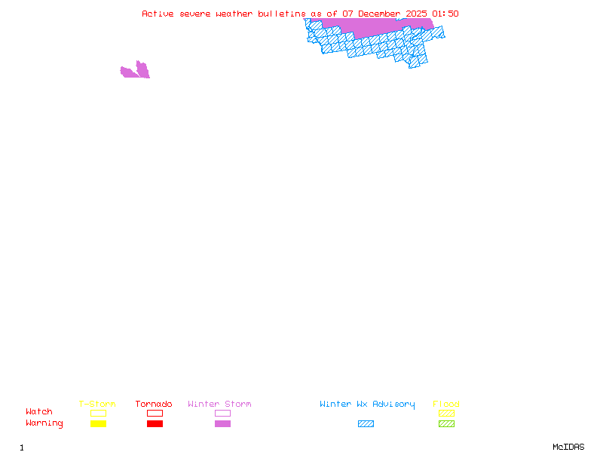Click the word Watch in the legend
point(39,412)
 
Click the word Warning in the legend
point(44,423)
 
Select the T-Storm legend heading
point(97,404)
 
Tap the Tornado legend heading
point(154,404)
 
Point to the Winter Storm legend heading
point(219,404)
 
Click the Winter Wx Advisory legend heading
point(367,404)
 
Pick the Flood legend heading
point(446,404)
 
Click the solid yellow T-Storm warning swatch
point(98,423)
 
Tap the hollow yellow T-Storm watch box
point(98,413)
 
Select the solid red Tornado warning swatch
point(155,423)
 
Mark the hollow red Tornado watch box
point(155,413)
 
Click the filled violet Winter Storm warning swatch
point(222,423)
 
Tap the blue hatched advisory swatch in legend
point(366,423)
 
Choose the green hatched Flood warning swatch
point(446,423)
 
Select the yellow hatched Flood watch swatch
point(446,413)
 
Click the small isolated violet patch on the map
point(136,72)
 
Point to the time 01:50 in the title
point(445,14)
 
